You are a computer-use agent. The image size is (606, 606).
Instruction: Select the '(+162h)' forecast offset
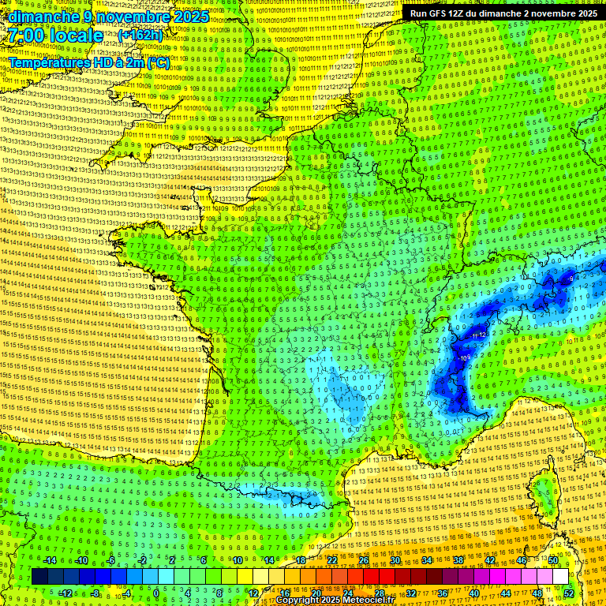(140, 36)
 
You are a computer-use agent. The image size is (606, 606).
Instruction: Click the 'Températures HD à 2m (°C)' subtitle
(89, 62)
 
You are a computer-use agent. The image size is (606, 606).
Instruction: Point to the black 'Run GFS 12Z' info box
(503, 13)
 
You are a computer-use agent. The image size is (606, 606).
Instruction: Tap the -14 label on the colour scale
(49, 560)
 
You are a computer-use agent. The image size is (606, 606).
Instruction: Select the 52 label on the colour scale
(569, 593)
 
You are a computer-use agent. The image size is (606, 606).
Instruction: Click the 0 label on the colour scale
(156, 593)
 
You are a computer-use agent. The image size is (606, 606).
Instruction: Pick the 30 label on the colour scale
(395, 560)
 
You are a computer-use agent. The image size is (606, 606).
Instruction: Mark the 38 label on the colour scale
(458, 560)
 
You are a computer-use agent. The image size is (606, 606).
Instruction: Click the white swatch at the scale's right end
(560, 577)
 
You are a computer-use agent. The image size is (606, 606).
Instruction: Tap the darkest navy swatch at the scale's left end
(39, 577)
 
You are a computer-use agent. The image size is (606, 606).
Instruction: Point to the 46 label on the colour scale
(522, 560)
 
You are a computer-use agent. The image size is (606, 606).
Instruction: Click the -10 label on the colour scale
(80, 560)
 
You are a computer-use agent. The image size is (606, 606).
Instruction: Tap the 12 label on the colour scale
(253, 593)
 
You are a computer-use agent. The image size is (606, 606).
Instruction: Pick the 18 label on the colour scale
(301, 560)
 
